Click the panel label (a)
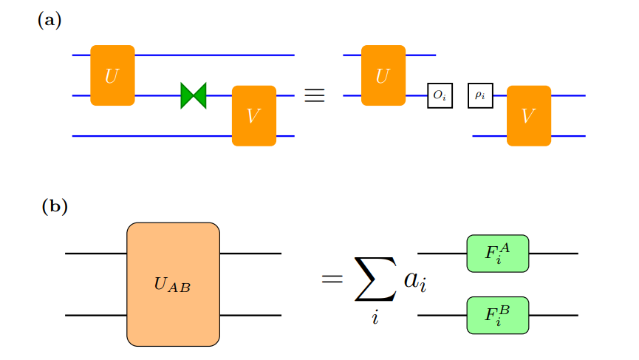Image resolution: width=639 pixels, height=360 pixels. point(49,21)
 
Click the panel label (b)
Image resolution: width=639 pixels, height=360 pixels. point(55,206)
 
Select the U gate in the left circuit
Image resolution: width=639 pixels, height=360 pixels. point(112,75)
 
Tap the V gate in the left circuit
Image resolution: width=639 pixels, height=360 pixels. point(253,116)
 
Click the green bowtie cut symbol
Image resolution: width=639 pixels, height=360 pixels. point(194,95)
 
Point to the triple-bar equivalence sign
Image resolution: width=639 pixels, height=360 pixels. point(315,96)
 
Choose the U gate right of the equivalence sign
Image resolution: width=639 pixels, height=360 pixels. point(383,75)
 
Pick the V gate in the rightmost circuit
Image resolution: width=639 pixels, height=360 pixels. point(528,116)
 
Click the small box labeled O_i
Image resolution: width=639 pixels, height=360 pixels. point(440,95)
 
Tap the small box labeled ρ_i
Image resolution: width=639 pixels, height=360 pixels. point(480,95)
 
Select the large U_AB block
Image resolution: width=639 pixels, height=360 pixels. point(173,285)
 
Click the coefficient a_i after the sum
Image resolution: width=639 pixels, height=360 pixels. point(415,282)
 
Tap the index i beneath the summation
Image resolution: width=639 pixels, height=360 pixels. point(375,321)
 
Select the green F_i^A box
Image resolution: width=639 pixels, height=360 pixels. point(497,254)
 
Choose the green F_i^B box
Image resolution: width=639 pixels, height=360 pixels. point(497,316)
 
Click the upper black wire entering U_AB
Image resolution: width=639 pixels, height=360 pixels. point(96,254)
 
